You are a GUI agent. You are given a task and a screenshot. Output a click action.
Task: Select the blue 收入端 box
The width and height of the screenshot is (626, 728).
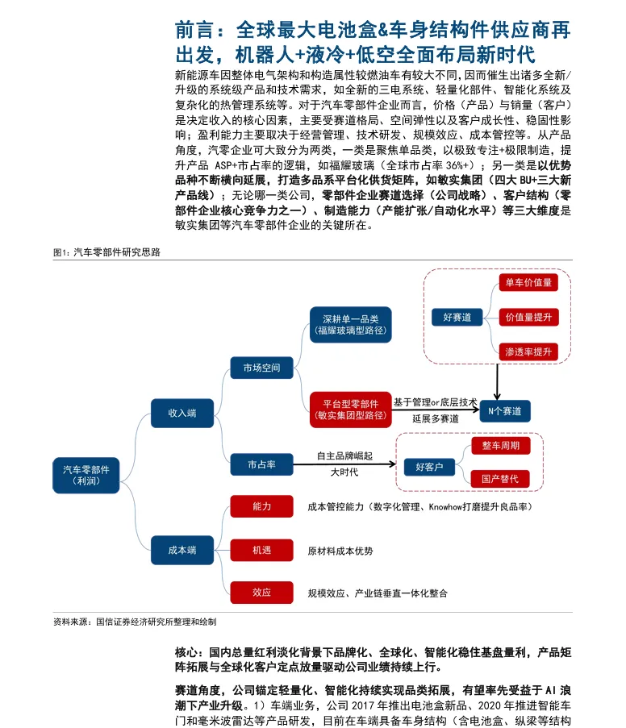pos(182,412)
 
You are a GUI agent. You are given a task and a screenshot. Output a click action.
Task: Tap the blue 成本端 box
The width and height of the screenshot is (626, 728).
pos(182,550)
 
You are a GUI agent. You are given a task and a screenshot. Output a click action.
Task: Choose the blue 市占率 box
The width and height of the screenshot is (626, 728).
pos(261,464)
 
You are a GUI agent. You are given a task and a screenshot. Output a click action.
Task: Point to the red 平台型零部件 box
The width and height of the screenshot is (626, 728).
pos(350,410)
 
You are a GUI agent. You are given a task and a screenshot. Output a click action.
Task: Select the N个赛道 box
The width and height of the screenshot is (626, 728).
pos(505,410)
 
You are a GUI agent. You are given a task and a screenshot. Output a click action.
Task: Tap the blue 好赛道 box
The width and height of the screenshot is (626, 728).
pos(457,317)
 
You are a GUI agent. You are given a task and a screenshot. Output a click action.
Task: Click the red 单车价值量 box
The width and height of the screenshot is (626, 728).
pos(528,282)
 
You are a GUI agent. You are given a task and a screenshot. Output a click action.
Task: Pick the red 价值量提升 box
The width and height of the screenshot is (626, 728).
pos(528,317)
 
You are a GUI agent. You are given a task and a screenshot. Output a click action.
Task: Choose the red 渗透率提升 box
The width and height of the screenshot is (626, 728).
pos(528,352)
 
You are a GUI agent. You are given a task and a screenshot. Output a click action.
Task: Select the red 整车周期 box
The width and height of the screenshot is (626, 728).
pos(506,446)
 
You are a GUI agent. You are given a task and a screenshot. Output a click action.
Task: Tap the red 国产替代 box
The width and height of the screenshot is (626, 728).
pos(506,478)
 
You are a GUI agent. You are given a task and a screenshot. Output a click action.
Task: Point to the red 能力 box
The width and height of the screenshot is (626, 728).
pos(261,506)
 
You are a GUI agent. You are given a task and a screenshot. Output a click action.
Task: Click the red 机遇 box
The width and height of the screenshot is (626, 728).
pos(261,550)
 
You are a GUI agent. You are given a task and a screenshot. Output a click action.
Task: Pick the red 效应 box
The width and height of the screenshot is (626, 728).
pos(261,593)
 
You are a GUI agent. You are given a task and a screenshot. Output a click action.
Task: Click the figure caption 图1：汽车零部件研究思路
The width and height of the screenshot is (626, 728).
pos(106,252)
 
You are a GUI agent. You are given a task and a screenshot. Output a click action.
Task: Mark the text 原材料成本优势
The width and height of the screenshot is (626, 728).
pos(340,551)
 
